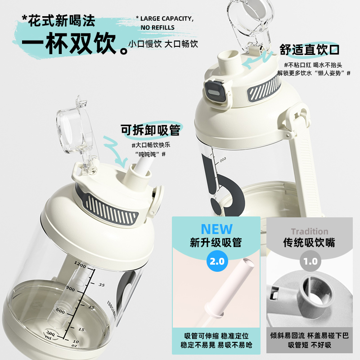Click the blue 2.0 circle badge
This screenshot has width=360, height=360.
[217, 261]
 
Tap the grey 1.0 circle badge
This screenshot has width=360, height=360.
[310, 261]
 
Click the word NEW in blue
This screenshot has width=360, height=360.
[217, 229]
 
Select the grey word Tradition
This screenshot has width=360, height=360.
[310, 231]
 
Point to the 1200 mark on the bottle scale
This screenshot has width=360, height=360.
[80, 265]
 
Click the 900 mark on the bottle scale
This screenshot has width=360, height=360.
[70, 288]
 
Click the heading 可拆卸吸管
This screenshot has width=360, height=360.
[150, 130]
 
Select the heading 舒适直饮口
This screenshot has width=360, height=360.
[309, 49]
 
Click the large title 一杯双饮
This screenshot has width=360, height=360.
[69, 43]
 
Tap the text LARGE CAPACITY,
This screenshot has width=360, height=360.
[165, 18]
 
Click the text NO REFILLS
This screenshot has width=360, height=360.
[157, 27]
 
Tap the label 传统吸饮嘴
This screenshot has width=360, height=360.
[309, 243]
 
